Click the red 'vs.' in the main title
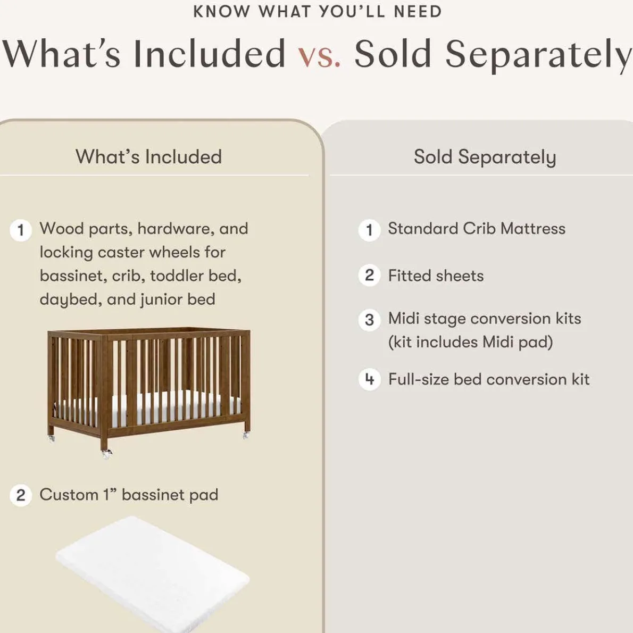pyautogui.click(x=319, y=55)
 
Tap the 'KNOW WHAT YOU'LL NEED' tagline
pyautogui.click(x=317, y=12)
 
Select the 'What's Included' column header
pyautogui.click(x=148, y=157)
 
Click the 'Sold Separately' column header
pyautogui.click(x=485, y=157)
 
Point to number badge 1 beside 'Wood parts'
pyautogui.click(x=21, y=230)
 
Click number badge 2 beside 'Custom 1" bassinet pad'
pyautogui.click(x=21, y=495)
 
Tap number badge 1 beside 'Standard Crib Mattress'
pyautogui.click(x=369, y=230)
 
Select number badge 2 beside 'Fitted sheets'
pyautogui.click(x=369, y=276)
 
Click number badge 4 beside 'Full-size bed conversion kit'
pyautogui.click(x=369, y=380)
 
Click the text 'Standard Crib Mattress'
pyautogui.click(x=476, y=229)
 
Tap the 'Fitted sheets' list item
pyautogui.click(x=436, y=276)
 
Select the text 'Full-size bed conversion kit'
pyautogui.click(x=488, y=379)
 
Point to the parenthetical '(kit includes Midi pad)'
pyautogui.click(x=470, y=342)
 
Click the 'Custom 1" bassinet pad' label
pyautogui.click(x=129, y=495)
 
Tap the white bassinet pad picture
pyautogui.click(x=152, y=572)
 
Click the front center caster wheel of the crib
pyautogui.click(x=107, y=454)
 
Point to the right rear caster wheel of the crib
pyautogui.click(x=246, y=435)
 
